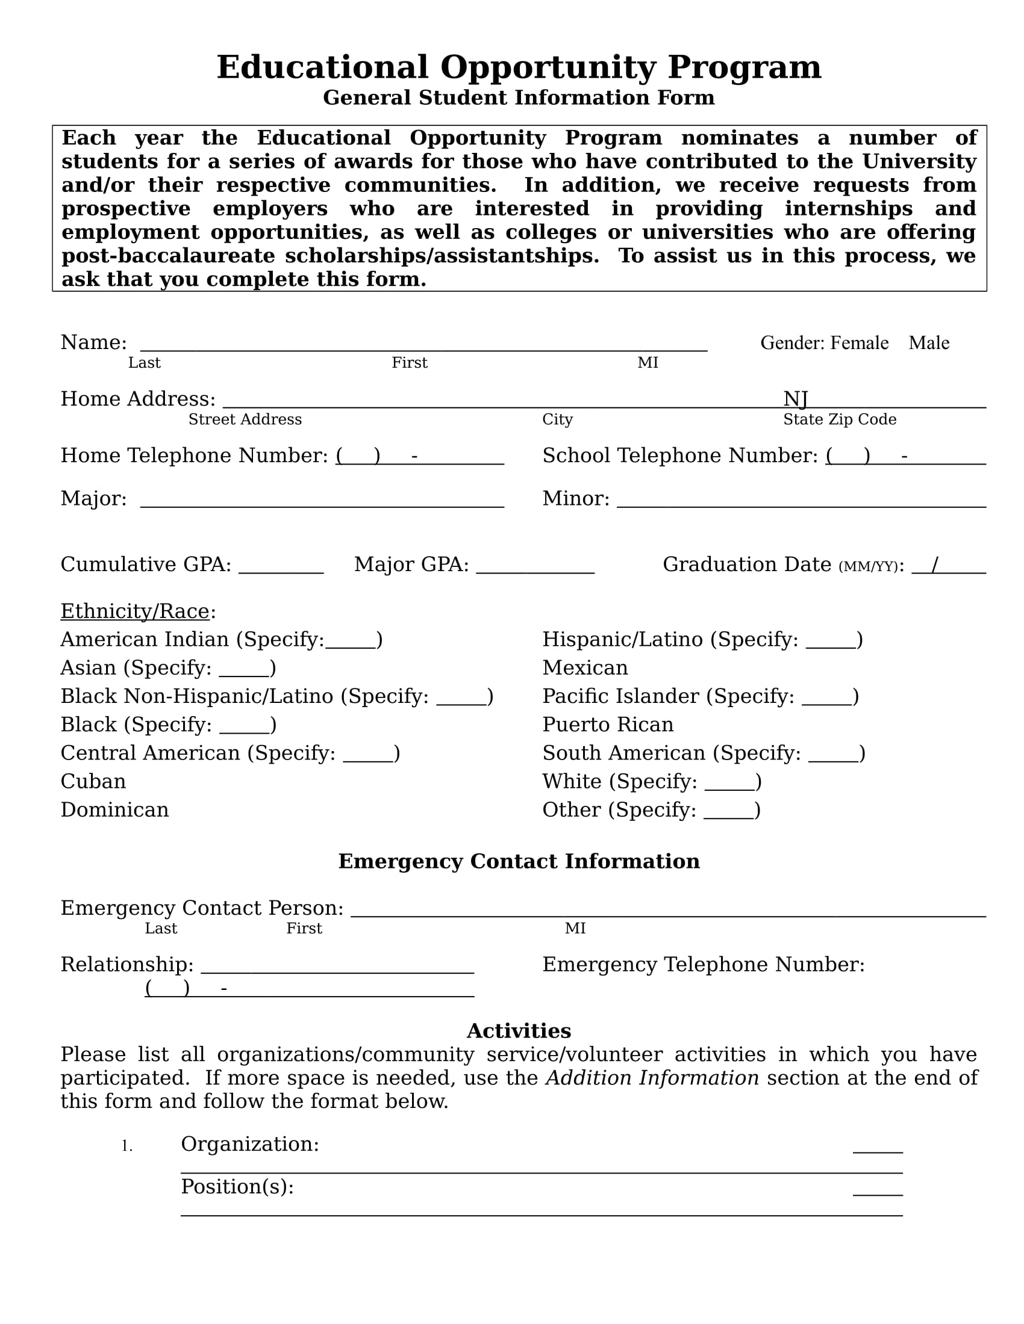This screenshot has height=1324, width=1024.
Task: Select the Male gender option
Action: coord(928,343)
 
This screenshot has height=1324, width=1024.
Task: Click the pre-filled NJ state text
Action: coord(795,399)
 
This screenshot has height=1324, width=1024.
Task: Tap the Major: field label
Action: coord(93,498)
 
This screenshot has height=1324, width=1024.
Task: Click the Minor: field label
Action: coord(575,498)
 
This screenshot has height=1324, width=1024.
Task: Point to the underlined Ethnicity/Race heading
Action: coord(135,611)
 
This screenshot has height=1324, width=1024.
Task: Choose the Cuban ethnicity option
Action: coord(93,781)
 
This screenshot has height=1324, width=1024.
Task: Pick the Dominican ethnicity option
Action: coord(114,810)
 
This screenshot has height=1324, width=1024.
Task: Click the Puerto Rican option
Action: coord(607,725)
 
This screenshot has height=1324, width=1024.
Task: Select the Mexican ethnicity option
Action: coord(585,667)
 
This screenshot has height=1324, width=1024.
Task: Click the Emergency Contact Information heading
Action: coord(519,861)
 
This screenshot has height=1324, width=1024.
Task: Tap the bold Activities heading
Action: coord(519,1030)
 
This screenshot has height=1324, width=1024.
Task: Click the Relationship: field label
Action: coord(126,965)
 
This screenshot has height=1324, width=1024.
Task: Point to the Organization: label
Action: coord(249,1144)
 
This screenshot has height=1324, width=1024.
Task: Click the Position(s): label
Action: coord(237,1186)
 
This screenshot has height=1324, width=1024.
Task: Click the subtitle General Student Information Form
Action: coord(519,97)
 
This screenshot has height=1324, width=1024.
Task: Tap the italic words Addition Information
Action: coord(652,1078)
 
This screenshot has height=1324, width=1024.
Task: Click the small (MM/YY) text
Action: coord(867,567)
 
